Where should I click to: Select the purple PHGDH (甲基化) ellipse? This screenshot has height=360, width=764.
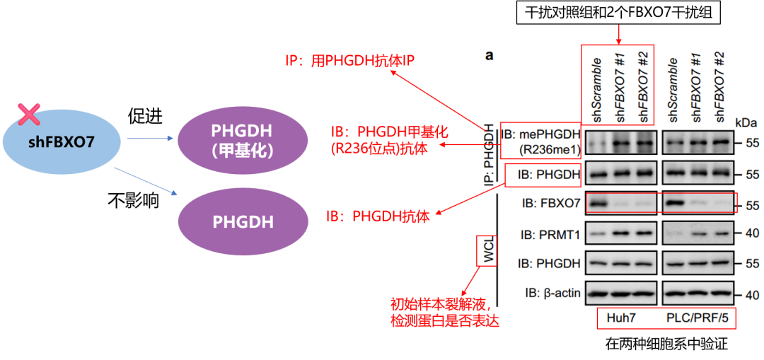click(243, 140)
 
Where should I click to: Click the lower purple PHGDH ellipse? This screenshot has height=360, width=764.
click(243, 221)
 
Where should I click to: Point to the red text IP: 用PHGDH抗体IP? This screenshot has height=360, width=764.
click(349, 62)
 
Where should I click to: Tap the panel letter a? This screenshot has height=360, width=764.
click(489, 55)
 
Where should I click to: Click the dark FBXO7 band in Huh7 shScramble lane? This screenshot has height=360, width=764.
click(598, 204)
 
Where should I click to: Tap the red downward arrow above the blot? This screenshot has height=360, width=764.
click(620, 33)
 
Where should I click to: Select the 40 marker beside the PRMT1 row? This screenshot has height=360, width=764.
click(751, 234)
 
